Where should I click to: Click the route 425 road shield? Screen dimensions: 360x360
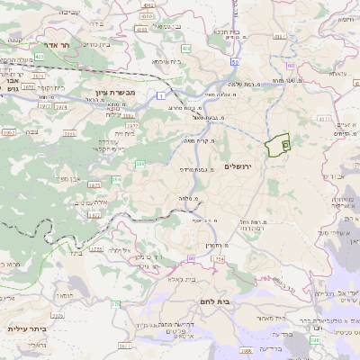pos(39,56)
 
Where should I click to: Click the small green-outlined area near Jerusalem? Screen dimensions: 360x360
pos(282,143)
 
